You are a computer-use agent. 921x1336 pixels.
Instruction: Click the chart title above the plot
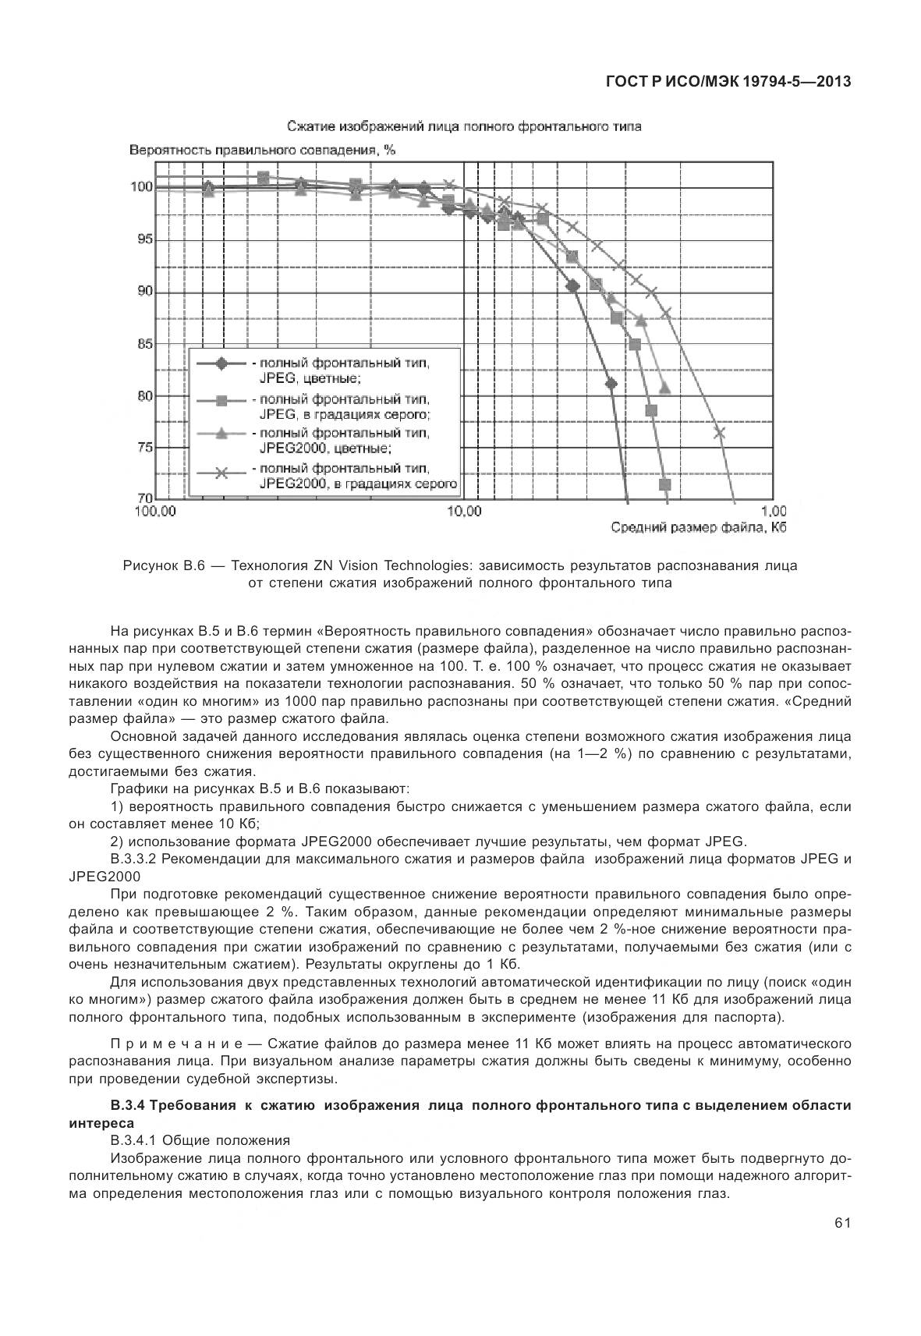click(x=464, y=126)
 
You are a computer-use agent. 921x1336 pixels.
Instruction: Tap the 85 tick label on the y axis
click(x=143, y=344)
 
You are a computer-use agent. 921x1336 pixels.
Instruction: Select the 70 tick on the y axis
click(x=143, y=498)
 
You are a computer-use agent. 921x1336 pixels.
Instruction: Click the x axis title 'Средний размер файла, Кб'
click(x=696, y=529)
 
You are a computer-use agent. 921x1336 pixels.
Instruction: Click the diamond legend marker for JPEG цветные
click(x=221, y=363)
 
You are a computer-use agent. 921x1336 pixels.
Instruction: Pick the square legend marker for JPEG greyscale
click(x=221, y=400)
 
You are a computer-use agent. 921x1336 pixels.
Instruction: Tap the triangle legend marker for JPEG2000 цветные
click(x=221, y=434)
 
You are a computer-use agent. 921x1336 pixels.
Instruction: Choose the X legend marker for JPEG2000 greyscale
click(x=221, y=472)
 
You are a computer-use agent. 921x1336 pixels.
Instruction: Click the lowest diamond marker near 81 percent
click(x=611, y=384)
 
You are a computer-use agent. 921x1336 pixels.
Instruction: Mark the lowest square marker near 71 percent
click(x=664, y=485)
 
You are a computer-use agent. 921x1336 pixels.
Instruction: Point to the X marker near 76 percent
click(x=720, y=433)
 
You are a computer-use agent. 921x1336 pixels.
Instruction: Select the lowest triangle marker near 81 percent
click(x=664, y=388)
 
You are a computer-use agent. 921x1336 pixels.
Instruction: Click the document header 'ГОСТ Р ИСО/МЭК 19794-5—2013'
click(x=728, y=82)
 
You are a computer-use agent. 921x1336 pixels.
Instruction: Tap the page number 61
click(x=841, y=1223)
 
